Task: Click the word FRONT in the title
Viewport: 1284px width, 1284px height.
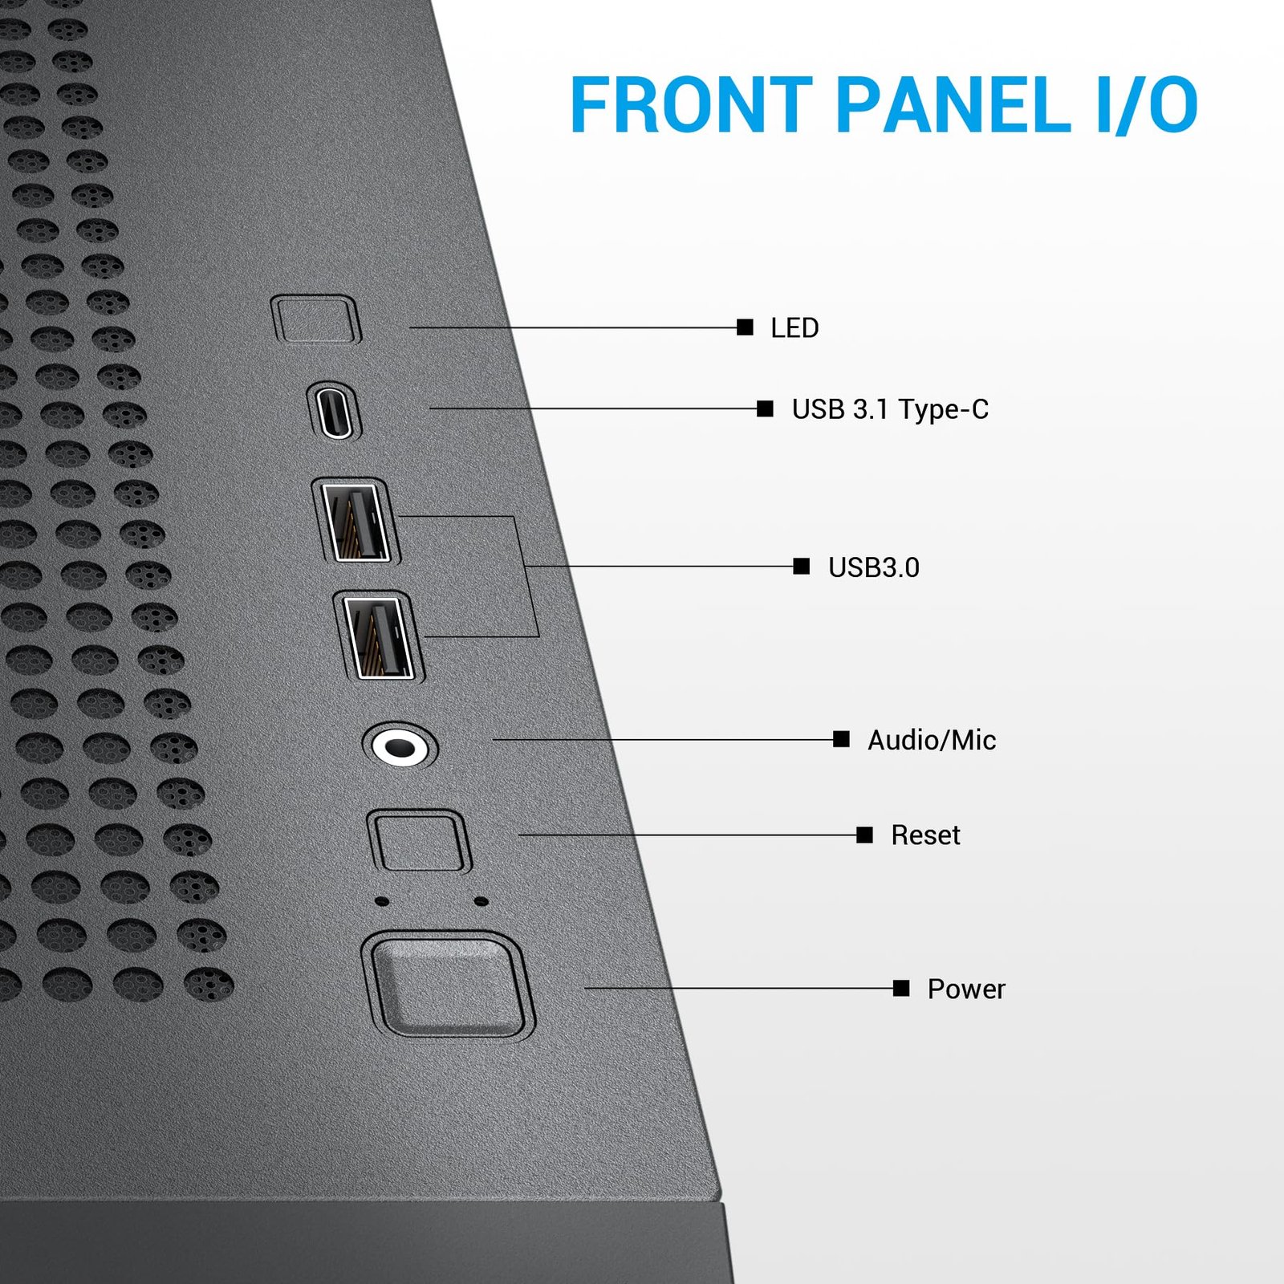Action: [x=691, y=104]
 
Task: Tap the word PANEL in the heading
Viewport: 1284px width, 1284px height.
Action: [x=953, y=104]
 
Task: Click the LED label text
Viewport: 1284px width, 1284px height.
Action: [x=794, y=327]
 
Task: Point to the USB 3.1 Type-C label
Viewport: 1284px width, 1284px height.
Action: [x=890, y=409]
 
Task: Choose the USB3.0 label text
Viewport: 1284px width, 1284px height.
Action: [x=874, y=567]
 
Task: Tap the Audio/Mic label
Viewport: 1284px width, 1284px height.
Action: [x=932, y=740]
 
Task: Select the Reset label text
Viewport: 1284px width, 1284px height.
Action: [x=925, y=835]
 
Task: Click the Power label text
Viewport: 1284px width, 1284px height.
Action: [x=966, y=989]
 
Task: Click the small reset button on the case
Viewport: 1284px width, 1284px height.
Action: [x=419, y=840]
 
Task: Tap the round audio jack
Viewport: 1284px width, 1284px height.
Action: [x=400, y=746]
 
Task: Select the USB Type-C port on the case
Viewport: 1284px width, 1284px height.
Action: [x=334, y=411]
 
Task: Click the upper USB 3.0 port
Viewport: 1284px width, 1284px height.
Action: [x=356, y=522]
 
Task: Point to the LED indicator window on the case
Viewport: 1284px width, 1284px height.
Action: [x=316, y=319]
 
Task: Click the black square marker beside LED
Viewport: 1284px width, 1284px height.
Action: [x=745, y=327]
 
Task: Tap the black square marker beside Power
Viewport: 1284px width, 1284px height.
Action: [x=901, y=988]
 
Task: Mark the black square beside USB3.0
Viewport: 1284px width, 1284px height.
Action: [x=801, y=567]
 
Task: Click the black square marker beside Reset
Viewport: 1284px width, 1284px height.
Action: [x=864, y=835]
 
